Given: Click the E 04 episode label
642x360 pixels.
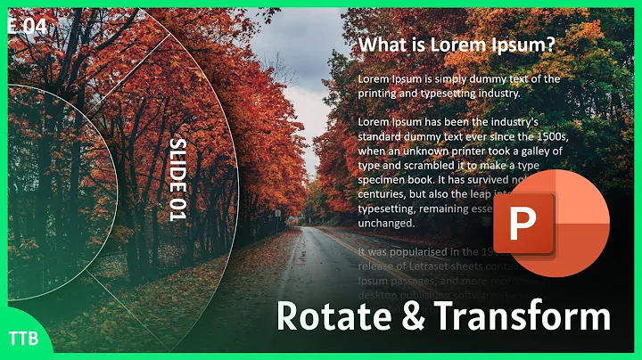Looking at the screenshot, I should tap(25, 28).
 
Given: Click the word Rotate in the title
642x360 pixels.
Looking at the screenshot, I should tap(329, 317).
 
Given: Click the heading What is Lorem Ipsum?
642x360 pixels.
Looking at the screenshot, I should tap(456, 45).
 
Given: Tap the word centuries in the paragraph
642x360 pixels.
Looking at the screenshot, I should tap(387, 193).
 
